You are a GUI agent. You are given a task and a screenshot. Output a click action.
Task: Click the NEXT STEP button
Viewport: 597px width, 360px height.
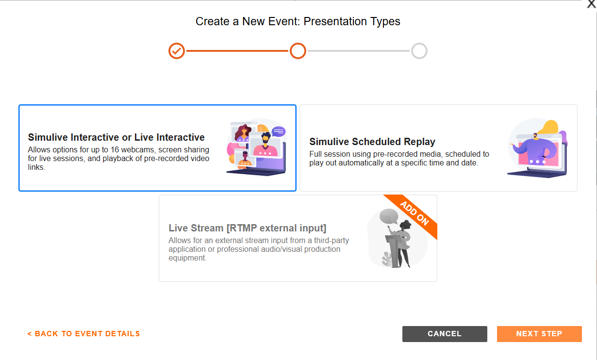click(539, 334)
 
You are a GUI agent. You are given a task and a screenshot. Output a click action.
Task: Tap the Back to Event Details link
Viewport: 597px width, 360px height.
click(83, 334)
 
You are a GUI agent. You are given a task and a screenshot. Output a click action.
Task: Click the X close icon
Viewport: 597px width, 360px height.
click(591, 4)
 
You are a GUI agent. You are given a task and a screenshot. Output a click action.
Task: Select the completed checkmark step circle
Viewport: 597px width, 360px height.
click(177, 50)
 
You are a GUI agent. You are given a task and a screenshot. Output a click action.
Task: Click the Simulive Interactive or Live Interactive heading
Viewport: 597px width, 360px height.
click(116, 137)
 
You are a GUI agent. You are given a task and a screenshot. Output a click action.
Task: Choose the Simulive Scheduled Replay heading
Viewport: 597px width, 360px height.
click(372, 142)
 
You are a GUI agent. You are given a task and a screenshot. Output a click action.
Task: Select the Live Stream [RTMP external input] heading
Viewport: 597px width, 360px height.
click(248, 228)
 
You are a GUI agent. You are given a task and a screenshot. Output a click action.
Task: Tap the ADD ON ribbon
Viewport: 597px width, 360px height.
click(415, 213)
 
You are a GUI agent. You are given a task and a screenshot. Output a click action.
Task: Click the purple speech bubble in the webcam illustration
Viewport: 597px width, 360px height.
click(279, 131)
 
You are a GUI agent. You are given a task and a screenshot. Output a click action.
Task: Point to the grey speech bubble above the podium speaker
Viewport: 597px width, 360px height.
click(389, 216)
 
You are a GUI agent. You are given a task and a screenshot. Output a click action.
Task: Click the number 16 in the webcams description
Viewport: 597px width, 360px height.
click(115, 150)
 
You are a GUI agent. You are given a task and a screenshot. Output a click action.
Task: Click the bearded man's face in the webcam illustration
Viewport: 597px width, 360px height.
click(265, 139)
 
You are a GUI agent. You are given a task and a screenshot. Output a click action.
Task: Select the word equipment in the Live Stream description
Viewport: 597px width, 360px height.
click(187, 258)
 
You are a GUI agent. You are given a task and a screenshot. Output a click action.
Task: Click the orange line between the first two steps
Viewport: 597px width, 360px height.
click(237, 50)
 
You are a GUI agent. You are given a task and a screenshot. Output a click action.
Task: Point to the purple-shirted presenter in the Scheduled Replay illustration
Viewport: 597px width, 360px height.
click(535, 149)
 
